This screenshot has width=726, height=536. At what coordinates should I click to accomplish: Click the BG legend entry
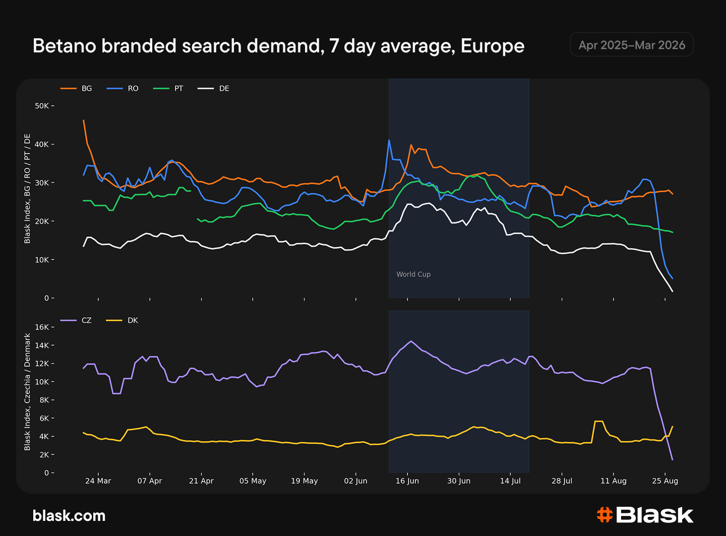76,89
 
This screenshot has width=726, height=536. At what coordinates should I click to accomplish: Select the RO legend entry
123,89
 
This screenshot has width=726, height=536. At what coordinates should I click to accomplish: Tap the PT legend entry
168,89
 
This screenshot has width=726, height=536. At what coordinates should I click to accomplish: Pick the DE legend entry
213,89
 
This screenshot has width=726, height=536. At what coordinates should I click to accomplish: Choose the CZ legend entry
76,320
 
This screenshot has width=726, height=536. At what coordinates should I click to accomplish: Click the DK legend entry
123,320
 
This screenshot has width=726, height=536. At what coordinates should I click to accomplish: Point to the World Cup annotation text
413,275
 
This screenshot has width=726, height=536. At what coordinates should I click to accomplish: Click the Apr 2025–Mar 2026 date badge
632,45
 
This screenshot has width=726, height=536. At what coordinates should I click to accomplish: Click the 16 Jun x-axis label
407,481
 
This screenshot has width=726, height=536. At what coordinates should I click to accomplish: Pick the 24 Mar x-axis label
98,481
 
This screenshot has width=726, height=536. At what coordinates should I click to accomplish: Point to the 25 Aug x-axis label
665,481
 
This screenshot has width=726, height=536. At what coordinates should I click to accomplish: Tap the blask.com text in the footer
69,516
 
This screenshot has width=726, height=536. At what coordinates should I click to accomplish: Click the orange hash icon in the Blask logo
604,515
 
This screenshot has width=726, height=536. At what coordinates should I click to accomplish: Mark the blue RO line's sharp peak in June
389,140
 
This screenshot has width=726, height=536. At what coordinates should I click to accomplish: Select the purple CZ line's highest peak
411,342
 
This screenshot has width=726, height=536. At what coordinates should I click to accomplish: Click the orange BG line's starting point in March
84,120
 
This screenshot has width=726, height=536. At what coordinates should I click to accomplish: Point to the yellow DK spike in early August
598,422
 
